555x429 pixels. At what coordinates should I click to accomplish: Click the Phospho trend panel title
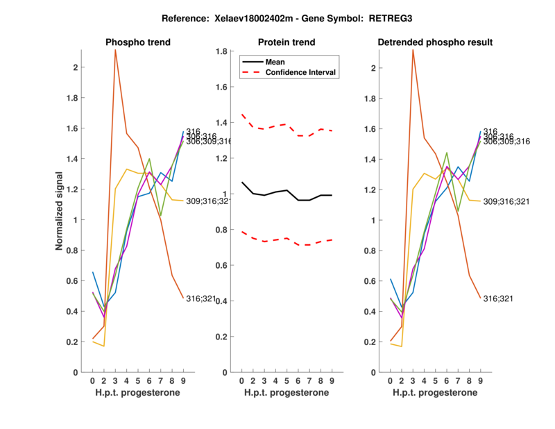coord(137,42)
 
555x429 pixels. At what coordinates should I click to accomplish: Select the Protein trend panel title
coord(287,42)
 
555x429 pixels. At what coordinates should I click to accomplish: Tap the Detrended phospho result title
coord(435,42)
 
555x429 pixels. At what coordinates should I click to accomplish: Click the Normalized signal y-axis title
coord(60,210)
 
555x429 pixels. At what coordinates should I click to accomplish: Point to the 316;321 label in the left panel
coord(198,298)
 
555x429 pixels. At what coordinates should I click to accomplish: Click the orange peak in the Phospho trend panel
coord(115,50)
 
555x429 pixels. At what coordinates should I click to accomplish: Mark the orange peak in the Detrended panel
coord(413,50)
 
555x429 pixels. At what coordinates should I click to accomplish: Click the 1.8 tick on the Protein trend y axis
coord(221,51)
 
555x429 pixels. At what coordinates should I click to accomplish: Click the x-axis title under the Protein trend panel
coord(287,393)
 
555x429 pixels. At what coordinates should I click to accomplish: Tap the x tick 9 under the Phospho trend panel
coord(183,381)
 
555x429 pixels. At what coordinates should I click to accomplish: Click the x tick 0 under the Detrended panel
coord(391,381)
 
